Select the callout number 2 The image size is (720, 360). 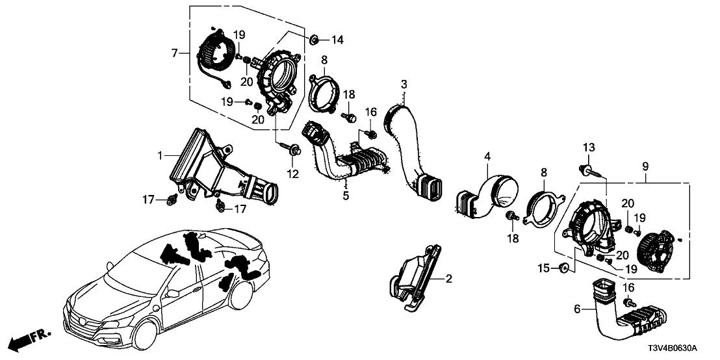(x=448, y=279)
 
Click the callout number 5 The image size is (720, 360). (x=346, y=195)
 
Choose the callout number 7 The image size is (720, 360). (x=174, y=53)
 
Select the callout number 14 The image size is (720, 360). (x=336, y=40)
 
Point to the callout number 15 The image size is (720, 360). (x=543, y=268)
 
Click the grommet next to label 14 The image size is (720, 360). (x=313, y=39)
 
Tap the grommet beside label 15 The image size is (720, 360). (x=564, y=268)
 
